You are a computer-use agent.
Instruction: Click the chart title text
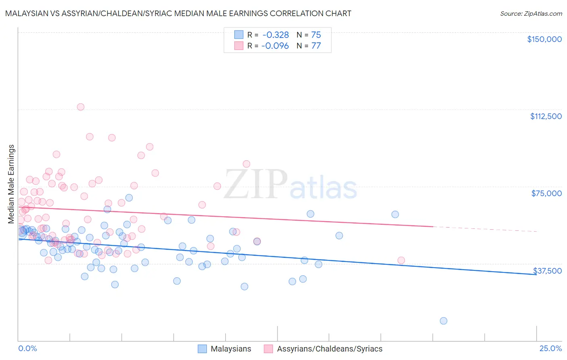click(178, 13)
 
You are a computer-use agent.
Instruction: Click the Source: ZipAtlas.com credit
click(531, 13)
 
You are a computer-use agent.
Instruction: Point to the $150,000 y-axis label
click(544, 39)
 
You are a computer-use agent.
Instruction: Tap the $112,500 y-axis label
click(546, 116)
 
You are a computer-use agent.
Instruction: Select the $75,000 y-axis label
click(546, 193)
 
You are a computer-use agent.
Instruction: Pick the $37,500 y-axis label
click(547, 270)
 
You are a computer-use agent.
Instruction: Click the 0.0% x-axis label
click(27, 348)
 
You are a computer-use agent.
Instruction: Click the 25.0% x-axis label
click(550, 348)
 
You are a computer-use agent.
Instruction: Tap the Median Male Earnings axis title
click(11, 184)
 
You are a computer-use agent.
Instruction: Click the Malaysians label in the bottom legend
click(231, 349)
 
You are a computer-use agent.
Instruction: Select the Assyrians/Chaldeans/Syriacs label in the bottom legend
click(329, 349)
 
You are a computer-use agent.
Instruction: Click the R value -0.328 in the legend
click(275, 35)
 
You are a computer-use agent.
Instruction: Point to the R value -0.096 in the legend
click(275, 46)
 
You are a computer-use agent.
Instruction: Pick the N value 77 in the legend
click(316, 46)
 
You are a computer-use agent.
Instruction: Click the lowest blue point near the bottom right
click(443, 321)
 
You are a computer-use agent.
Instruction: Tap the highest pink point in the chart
click(81, 107)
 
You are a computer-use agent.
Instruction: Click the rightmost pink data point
click(401, 260)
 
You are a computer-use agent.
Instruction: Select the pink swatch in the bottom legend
click(269, 349)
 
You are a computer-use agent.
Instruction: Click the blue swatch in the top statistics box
click(239, 35)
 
